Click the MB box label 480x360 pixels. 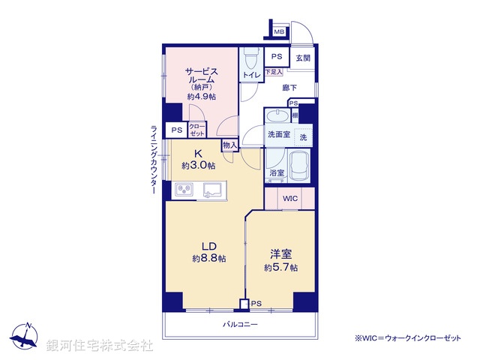[279, 31]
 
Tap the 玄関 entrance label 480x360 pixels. [303, 58]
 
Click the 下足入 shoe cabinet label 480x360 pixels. [274, 72]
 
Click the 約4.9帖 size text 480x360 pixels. [201, 96]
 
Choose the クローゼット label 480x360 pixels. [197, 130]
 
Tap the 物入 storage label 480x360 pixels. [230, 145]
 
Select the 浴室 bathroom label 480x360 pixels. [277, 172]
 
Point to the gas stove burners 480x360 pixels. [184, 190]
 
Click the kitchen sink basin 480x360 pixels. [210, 190]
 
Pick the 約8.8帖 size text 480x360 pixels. [208, 258]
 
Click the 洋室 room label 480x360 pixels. [280, 255]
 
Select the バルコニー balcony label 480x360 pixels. [240, 324]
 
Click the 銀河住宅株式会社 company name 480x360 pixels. [100, 345]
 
